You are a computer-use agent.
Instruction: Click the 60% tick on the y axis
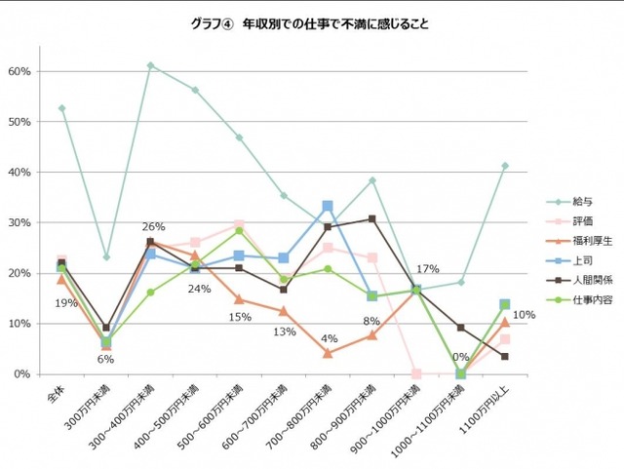[x=21, y=71]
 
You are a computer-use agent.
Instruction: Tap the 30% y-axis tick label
[x=21, y=222]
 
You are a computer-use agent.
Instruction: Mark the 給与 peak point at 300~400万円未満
[x=151, y=65]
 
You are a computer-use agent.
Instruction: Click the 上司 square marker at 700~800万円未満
[x=328, y=206]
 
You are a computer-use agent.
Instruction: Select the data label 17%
[x=426, y=269]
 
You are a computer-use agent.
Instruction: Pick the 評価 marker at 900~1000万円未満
[x=416, y=373]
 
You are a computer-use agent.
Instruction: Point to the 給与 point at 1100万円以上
[x=505, y=166]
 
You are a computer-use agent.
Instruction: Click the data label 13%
[x=284, y=332]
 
